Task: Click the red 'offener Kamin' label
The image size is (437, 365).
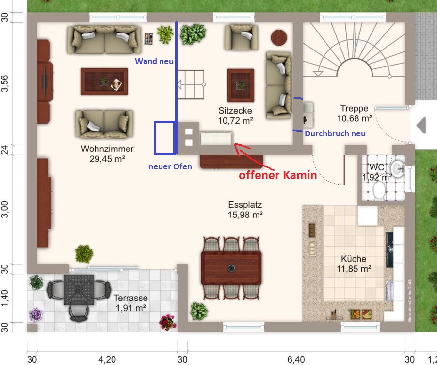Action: [x=278, y=175]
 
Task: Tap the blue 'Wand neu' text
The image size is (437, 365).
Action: [x=154, y=61]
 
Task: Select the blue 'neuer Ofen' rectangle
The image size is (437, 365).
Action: [x=165, y=138]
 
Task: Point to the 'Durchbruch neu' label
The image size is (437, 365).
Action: [x=335, y=133]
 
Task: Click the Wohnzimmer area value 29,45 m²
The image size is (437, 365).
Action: [x=107, y=159]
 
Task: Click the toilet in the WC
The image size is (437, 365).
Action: [x=379, y=191]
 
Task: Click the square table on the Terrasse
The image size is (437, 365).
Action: [x=79, y=290]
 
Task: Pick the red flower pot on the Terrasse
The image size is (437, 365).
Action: [x=168, y=322]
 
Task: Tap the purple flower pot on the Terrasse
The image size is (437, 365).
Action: [x=36, y=315]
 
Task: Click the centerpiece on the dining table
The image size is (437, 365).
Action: [x=231, y=268]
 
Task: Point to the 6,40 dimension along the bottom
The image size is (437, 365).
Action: [x=296, y=360]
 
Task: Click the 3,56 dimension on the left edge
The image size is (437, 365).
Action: [x=5, y=83]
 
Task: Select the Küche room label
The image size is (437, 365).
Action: [x=354, y=259]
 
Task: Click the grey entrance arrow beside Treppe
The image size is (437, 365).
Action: [x=421, y=126]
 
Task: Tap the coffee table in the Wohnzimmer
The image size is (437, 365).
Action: [x=104, y=82]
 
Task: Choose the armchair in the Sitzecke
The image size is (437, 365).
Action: [x=242, y=38]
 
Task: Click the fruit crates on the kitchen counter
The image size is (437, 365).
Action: [x=361, y=314]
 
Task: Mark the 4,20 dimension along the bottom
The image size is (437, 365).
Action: [x=107, y=360]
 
